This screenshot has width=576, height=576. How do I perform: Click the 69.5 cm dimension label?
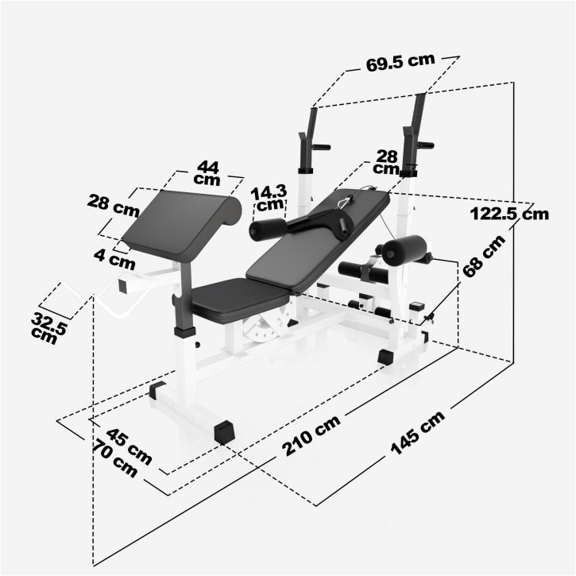(401, 64)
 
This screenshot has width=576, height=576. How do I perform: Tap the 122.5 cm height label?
(509, 213)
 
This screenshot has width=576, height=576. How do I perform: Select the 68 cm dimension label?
(484, 255)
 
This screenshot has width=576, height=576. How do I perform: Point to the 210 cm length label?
(311, 436)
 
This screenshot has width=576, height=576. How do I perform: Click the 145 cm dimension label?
(418, 436)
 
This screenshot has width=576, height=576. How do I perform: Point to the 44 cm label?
(208, 172)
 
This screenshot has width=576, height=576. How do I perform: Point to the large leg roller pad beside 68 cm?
(404, 250)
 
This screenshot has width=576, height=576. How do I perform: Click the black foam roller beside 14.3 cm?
(267, 230)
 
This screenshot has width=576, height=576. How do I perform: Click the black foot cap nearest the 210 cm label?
(225, 431)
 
